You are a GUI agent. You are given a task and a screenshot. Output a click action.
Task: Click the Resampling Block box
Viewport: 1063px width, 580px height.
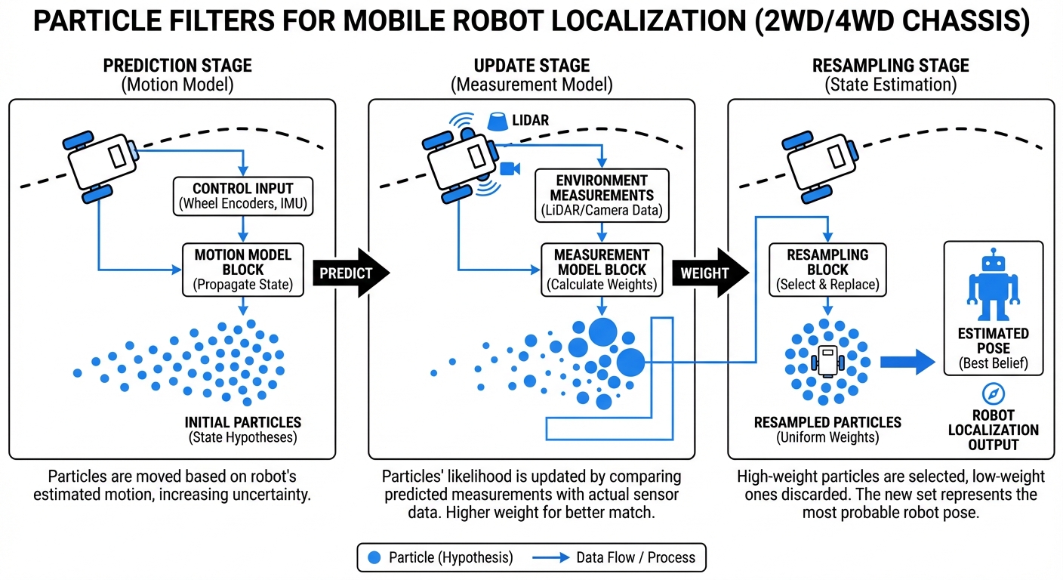coord(827,269)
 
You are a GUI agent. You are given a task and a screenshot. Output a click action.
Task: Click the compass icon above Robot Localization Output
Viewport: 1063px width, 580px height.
coord(991,394)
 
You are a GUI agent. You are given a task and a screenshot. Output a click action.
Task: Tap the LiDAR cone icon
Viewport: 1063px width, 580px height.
coord(498,122)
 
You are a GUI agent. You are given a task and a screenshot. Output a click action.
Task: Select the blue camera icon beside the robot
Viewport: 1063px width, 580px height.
coord(507,168)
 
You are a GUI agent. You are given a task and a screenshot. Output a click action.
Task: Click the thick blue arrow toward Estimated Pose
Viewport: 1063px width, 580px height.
coord(907,360)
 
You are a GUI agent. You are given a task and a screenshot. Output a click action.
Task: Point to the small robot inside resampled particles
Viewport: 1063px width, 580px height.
coord(827,359)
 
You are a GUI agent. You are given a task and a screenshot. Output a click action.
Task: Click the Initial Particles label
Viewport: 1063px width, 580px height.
coord(242,423)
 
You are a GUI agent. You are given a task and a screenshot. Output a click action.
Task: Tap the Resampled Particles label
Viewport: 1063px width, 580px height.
coord(827,423)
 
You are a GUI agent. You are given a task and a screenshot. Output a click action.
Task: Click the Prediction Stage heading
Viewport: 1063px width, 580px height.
coord(177,66)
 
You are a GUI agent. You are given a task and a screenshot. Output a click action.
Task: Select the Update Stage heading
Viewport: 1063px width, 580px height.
coord(531,66)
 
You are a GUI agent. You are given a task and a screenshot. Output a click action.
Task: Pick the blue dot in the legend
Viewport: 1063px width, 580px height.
coord(373,557)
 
